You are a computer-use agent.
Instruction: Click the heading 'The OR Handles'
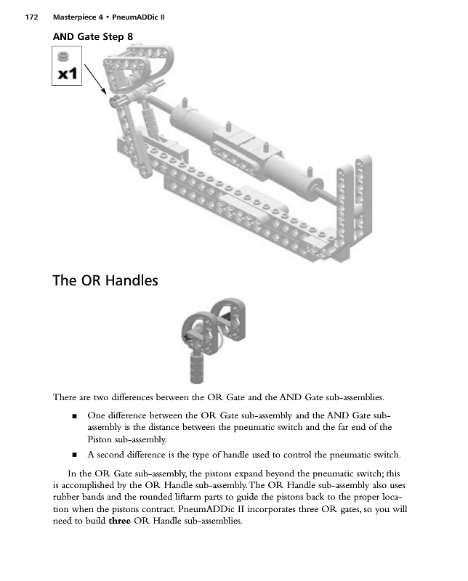(x=105, y=280)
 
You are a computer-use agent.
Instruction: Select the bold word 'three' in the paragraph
(x=121, y=526)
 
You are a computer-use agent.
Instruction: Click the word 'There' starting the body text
(x=67, y=397)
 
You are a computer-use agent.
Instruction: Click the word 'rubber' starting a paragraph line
(x=67, y=500)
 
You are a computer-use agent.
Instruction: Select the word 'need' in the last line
(x=65, y=526)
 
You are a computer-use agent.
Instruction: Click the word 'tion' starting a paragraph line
(x=62, y=513)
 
